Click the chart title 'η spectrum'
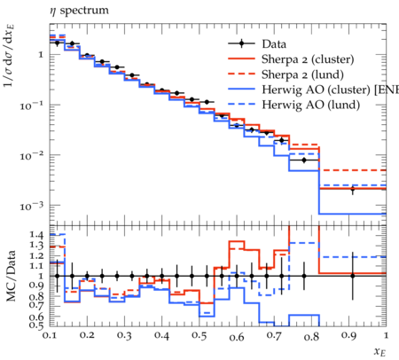[x=79, y=11]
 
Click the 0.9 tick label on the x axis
[x=348, y=335]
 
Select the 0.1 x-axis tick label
[x=50, y=335]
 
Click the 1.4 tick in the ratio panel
[x=36, y=235]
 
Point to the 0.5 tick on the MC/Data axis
[x=36, y=325]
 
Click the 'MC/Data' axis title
[x=11, y=276]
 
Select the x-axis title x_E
[x=380, y=352]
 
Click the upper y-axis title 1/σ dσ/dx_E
[x=10, y=55]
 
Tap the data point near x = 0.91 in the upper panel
[x=352, y=190]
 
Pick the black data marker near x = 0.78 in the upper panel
[x=304, y=160]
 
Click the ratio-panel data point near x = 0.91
[x=352, y=276]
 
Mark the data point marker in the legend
[x=242, y=43]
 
